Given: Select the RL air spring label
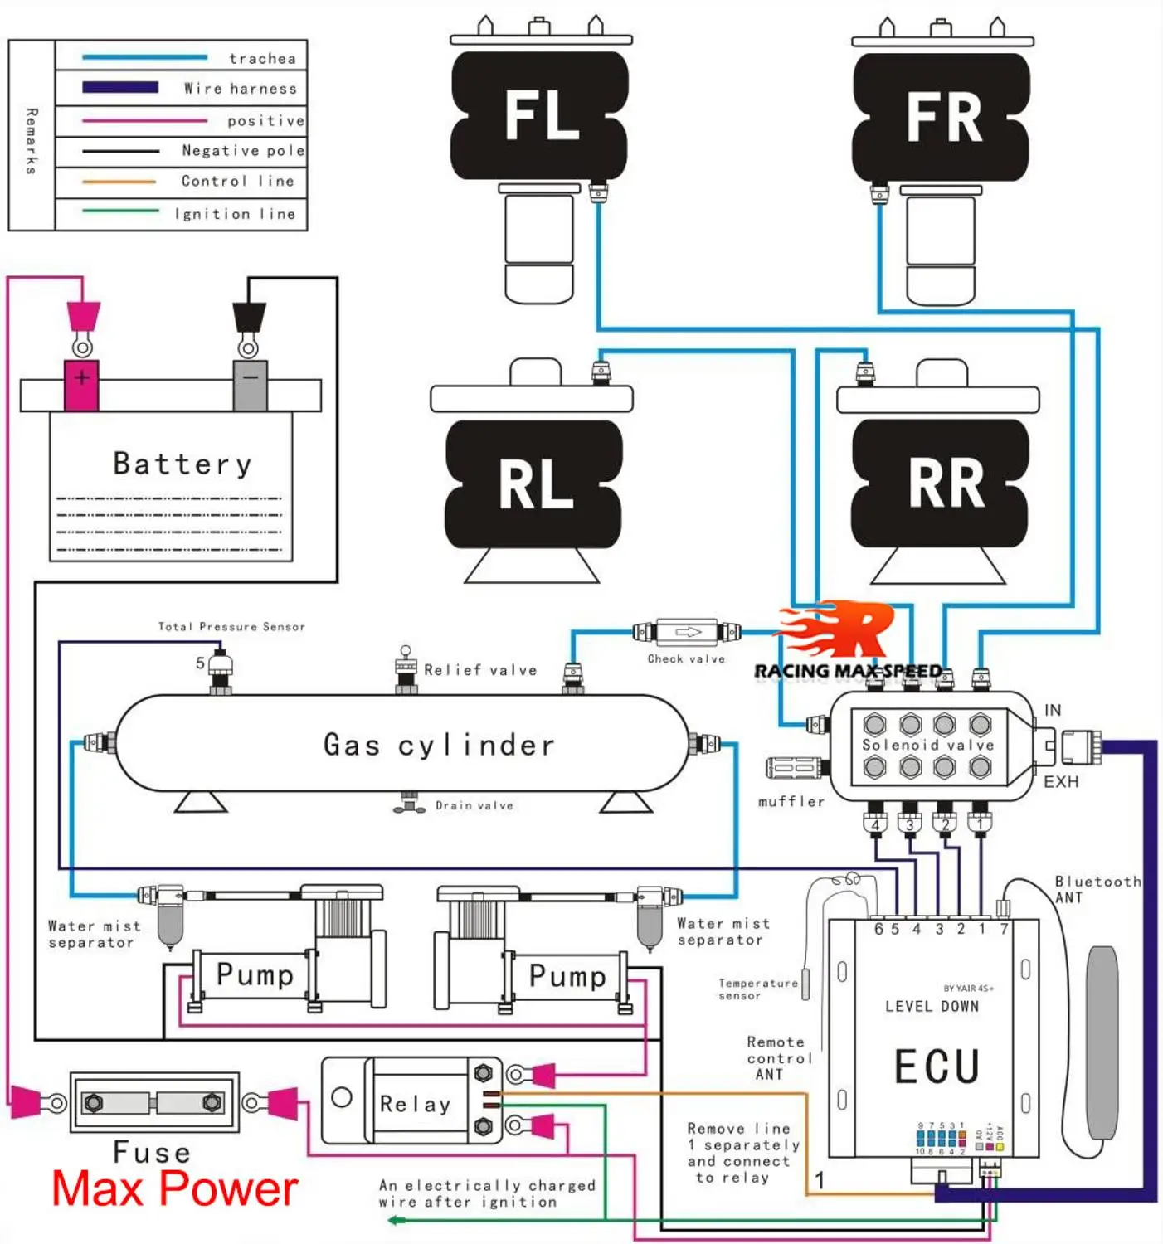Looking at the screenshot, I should [x=535, y=484].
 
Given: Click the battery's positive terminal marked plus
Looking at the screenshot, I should [x=81, y=379].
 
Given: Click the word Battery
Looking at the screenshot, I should [x=182, y=464].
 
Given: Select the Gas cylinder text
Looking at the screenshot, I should [x=439, y=745].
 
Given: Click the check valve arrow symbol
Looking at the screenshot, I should [x=688, y=632].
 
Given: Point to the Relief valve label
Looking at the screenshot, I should [x=480, y=670].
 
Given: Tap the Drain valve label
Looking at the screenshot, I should [x=474, y=805].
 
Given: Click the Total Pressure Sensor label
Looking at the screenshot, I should [x=231, y=627].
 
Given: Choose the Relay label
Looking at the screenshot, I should [x=415, y=1104].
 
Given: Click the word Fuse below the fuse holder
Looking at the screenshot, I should [x=152, y=1152].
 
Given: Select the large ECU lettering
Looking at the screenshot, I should [x=937, y=1067].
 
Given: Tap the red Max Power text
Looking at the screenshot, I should [x=174, y=1189].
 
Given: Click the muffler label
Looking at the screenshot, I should [x=791, y=801].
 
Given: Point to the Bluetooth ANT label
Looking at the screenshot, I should [x=1097, y=889].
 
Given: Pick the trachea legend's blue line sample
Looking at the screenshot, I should [x=144, y=57].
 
